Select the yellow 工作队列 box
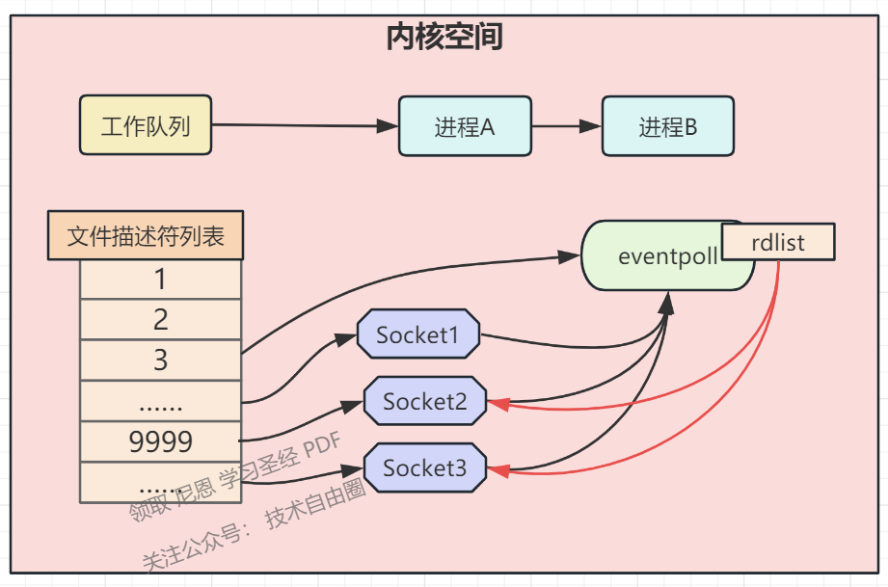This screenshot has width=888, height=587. click(146, 125)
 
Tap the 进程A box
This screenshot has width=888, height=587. click(465, 126)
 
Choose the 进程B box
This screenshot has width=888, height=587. click(667, 126)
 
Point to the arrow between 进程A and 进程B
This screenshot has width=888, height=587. click(567, 126)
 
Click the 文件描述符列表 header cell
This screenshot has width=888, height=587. click(146, 237)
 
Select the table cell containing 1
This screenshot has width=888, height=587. click(160, 280)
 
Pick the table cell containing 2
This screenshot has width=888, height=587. click(160, 319)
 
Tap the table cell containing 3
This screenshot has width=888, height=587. click(160, 360)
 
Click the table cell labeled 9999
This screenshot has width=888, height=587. click(160, 441)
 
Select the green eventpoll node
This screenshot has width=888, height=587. click(656, 257)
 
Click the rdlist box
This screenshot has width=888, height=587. click(777, 242)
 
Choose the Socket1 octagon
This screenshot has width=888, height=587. click(417, 334)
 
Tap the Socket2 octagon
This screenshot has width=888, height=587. click(424, 401)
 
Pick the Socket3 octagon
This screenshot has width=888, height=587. click(424, 468)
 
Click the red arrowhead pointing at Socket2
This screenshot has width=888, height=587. click(497, 403)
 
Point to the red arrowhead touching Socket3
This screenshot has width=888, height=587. click(497, 470)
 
